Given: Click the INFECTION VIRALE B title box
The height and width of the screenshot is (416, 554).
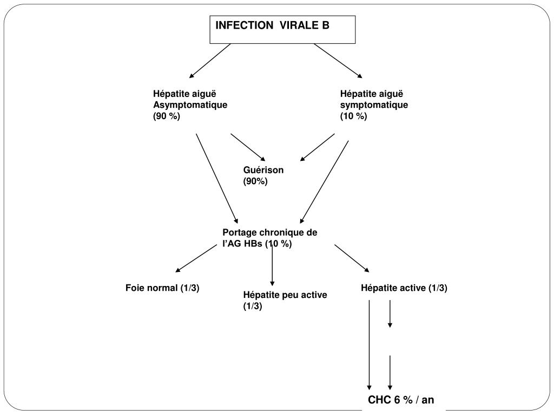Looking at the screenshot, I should click(282, 29).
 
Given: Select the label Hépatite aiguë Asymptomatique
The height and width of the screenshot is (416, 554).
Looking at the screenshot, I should click(190, 99).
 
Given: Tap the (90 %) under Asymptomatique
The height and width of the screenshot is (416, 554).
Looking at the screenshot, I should click(167, 116).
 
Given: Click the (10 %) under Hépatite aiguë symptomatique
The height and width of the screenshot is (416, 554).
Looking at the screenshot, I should click(354, 116).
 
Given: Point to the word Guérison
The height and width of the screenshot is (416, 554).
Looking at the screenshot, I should click(263, 170).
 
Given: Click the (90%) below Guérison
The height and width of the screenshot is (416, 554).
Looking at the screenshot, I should click(255, 181).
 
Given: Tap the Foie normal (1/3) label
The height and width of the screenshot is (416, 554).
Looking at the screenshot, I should click(162, 288).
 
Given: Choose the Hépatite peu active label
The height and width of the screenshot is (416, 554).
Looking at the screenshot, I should click(285, 295).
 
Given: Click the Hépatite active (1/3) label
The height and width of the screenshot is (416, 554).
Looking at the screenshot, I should click(404, 288).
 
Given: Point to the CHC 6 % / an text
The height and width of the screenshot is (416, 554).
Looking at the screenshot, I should click(401, 400).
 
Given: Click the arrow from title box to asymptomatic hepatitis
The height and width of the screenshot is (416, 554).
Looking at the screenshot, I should click(210, 61).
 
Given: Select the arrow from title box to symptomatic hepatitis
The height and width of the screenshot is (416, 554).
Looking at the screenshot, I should click(338, 61).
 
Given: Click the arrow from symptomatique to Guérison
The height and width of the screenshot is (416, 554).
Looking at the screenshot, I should click(318, 147).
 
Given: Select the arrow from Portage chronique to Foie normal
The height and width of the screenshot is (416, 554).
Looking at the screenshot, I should click(196, 258).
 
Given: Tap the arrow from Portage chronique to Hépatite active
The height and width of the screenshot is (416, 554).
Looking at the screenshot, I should click(352, 258).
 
